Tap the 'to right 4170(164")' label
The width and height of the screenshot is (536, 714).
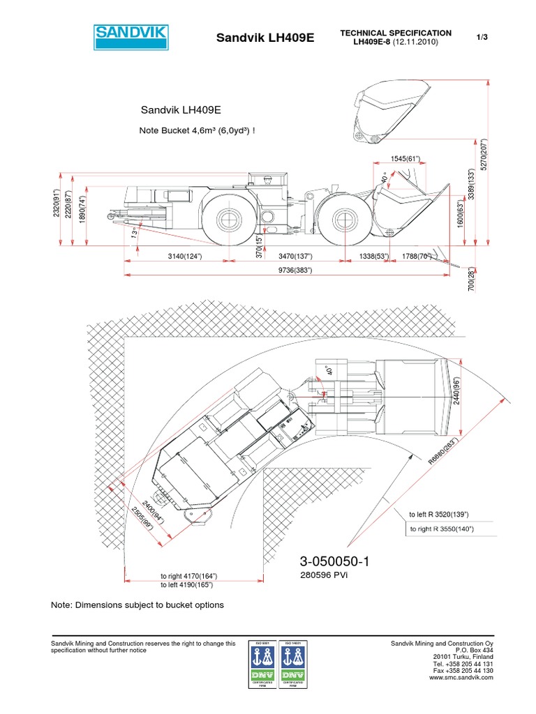pos(188,576)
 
